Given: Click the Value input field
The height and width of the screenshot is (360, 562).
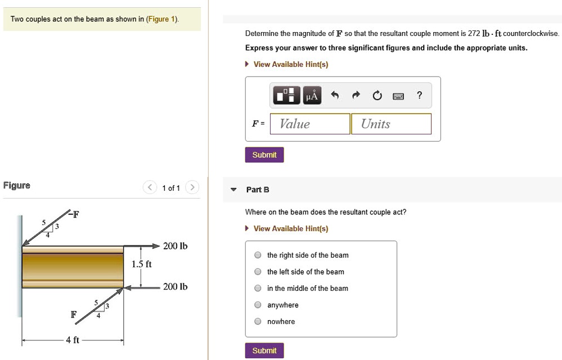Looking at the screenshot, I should pyautogui.click(x=310, y=124).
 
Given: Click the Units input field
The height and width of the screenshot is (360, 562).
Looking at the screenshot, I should pyautogui.click(x=391, y=124).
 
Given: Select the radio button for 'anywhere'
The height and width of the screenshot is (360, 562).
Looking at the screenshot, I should pyautogui.click(x=257, y=305).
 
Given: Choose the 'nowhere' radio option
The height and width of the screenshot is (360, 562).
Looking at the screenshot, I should pyautogui.click(x=257, y=322).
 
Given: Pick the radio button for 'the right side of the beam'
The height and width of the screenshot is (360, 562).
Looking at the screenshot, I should pyautogui.click(x=257, y=255).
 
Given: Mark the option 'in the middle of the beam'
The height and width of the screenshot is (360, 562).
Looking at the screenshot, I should pyautogui.click(x=257, y=289).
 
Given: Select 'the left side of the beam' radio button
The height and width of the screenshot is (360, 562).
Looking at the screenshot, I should pyautogui.click(x=257, y=272).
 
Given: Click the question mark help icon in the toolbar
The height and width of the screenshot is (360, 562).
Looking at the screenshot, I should pyautogui.click(x=419, y=96).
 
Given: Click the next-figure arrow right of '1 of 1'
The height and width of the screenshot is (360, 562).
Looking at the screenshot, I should pyautogui.click(x=192, y=187).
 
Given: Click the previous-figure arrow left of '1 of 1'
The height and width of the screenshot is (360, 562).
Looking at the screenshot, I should pyautogui.click(x=150, y=187).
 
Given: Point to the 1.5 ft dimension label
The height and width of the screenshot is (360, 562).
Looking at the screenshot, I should pyautogui.click(x=141, y=264).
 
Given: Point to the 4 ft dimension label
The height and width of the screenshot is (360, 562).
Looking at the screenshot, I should pyautogui.click(x=73, y=340).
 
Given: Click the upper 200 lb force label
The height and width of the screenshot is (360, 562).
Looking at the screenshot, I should pyautogui.click(x=175, y=246).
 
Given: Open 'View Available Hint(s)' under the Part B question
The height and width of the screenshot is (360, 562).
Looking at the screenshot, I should pyautogui.click(x=290, y=228).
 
